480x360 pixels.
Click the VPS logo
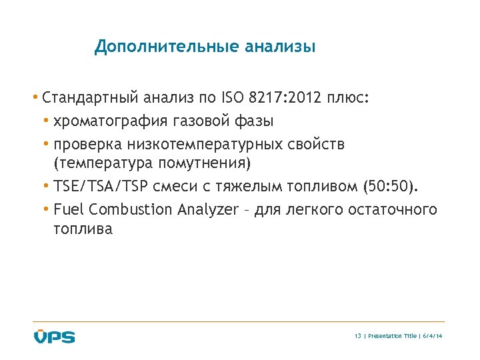(x=55, y=337)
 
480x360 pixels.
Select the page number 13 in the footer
(x=358, y=336)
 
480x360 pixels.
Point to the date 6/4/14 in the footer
(x=433, y=336)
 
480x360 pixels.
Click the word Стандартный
(x=89, y=99)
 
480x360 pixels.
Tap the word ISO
(x=232, y=99)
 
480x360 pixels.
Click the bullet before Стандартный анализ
(x=35, y=99)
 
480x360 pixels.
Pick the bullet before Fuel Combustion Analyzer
(x=47, y=209)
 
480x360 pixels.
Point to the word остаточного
(x=390, y=209)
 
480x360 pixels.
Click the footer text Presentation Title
(x=391, y=336)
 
